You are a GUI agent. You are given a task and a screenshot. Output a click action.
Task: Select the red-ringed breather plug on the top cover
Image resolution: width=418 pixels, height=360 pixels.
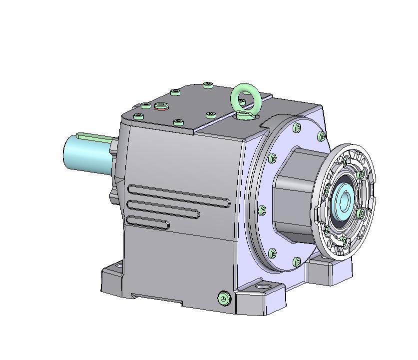coord(161,105)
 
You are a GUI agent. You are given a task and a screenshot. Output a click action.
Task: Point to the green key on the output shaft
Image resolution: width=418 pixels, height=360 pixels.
coord(95,135)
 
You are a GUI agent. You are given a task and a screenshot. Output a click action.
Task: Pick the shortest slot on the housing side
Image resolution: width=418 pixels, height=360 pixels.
coord(148,221)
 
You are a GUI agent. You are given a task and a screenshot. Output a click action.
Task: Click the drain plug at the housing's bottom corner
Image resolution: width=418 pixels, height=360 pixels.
coord(224,298)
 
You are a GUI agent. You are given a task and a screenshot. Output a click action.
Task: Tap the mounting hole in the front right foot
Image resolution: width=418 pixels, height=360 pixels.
coord(262,288)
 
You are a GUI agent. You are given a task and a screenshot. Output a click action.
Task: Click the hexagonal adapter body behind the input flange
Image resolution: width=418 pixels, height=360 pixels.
coord(295,195)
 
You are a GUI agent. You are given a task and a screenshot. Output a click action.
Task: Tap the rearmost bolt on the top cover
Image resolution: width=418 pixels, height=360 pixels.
coord(208,85)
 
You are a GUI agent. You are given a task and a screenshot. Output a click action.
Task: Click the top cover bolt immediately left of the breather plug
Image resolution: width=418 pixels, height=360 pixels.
coord(146,105)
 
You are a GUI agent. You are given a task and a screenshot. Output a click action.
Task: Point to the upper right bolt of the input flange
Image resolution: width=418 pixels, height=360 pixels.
coord(361,174)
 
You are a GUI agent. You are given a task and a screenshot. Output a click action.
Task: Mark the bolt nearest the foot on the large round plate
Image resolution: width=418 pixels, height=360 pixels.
coord(298,261)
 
